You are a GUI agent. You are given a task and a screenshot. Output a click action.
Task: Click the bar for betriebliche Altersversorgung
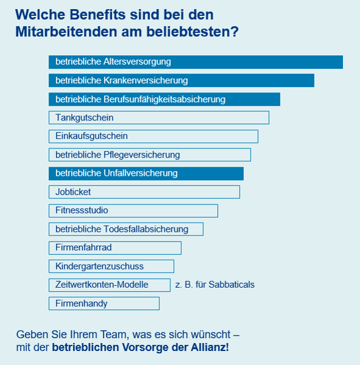[196, 62]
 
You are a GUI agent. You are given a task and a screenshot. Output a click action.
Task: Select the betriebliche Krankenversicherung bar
[181, 80]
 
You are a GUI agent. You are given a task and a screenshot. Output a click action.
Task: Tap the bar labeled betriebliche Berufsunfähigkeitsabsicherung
[164, 99]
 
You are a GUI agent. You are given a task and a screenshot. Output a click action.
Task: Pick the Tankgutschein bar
[159, 117]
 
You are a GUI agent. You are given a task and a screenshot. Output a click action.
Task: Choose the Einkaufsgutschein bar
[153, 136]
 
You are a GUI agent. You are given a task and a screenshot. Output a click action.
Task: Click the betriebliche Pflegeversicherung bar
[150, 155]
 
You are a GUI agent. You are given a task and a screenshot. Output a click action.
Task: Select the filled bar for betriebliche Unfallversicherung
[146, 173]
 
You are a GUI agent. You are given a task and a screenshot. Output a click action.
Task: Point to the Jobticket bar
[144, 192]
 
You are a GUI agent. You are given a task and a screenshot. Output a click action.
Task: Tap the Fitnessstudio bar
[133, 210]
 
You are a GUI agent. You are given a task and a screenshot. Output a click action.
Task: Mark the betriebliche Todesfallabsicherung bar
[126, 229]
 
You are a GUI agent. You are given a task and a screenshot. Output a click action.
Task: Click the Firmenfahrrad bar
[115, 248]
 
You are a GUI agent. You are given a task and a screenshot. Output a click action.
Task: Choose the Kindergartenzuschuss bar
[111, 266]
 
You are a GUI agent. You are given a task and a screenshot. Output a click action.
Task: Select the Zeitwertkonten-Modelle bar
[109, 285]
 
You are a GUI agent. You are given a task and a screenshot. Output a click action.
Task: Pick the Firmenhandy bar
[104, 304]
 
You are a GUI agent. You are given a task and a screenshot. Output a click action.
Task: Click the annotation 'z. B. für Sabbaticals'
[215, 285]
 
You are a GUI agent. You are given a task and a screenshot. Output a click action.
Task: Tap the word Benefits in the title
[97, 15]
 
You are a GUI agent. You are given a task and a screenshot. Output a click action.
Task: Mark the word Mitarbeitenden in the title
[66, 32]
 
